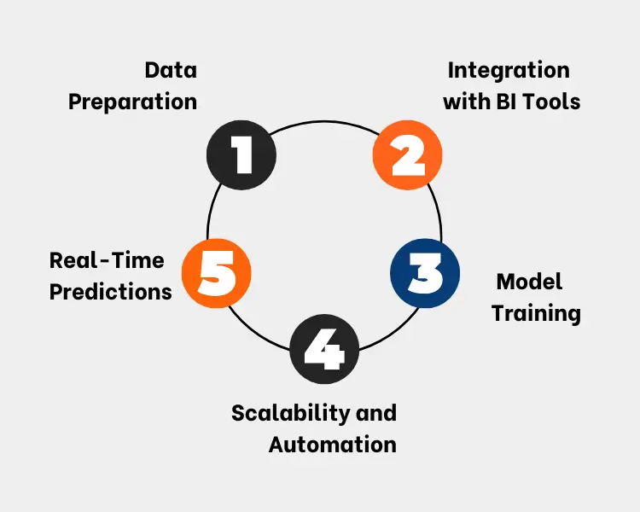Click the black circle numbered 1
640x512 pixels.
pos(241,155)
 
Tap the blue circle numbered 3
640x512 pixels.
pos(424,275)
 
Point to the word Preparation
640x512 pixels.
pos(132,102)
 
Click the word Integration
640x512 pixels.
pos(508,69)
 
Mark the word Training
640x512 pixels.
pos(536,313)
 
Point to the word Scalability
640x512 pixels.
pos(287,413)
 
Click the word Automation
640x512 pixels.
pos(332,445)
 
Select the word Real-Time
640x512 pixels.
pos(107,259)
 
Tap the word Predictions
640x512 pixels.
pos(110,292)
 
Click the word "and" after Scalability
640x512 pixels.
pos(372,413)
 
